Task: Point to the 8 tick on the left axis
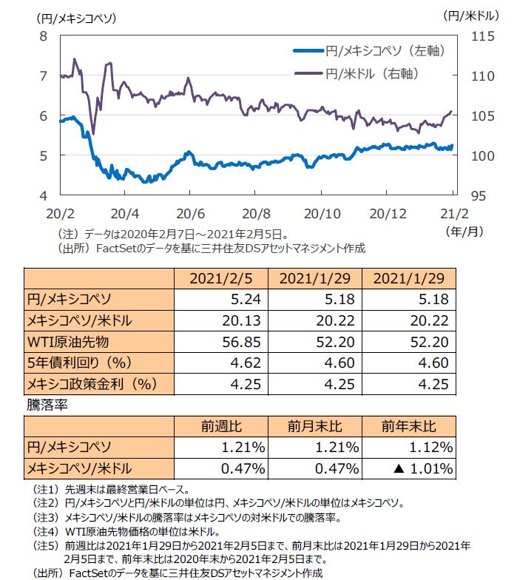tap(43, 36)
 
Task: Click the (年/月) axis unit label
tap(465, 231)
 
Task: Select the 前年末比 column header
tap(408, 427)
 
